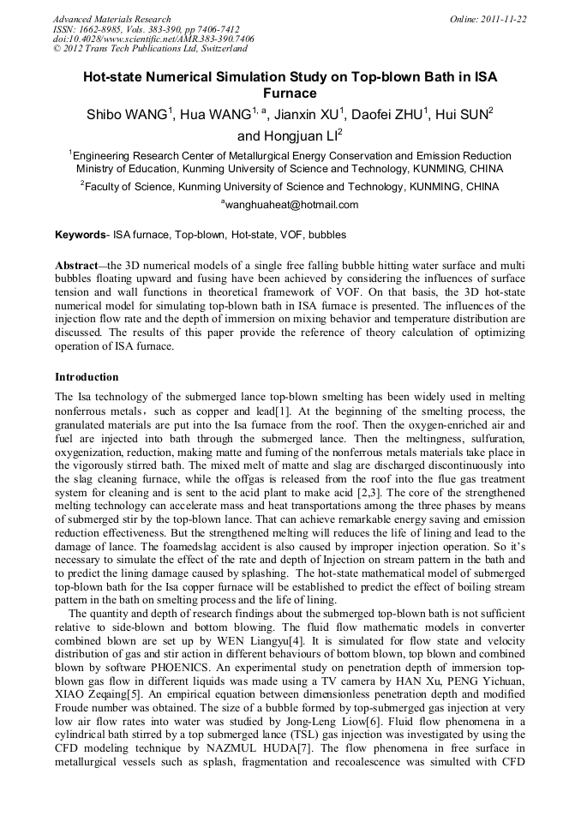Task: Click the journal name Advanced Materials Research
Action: coord(111,19)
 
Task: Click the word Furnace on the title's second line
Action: coord(290,93)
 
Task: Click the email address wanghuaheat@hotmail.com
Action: coord(290,205)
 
